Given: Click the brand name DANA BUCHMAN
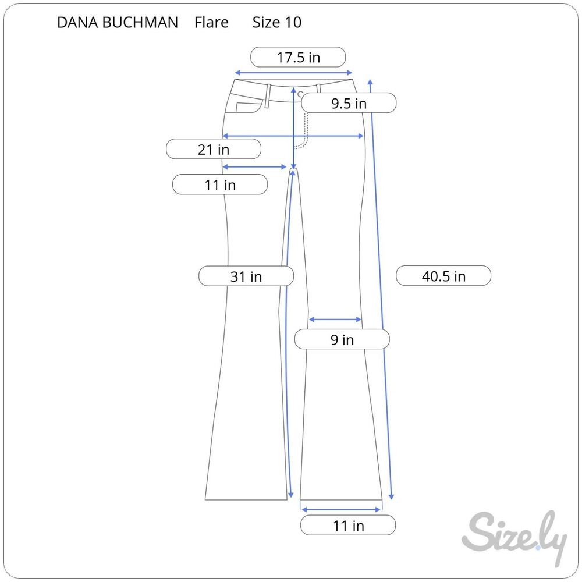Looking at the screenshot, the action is (x=118, y=23).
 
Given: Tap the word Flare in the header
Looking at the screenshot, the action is (x=211, y=23).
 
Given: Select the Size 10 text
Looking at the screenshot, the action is (x=277, y=23).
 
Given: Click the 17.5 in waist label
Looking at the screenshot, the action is (x=298, y=57).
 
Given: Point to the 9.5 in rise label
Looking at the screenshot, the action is (x=349, y=103).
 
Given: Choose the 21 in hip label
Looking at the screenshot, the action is (x=214, y=149).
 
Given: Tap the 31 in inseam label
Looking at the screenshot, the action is (x=246, y=276).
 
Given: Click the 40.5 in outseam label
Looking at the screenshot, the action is (x=443, y=276).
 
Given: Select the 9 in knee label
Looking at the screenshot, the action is (x=342, y=339).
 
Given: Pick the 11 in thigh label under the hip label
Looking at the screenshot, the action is (x=220, y=184).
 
